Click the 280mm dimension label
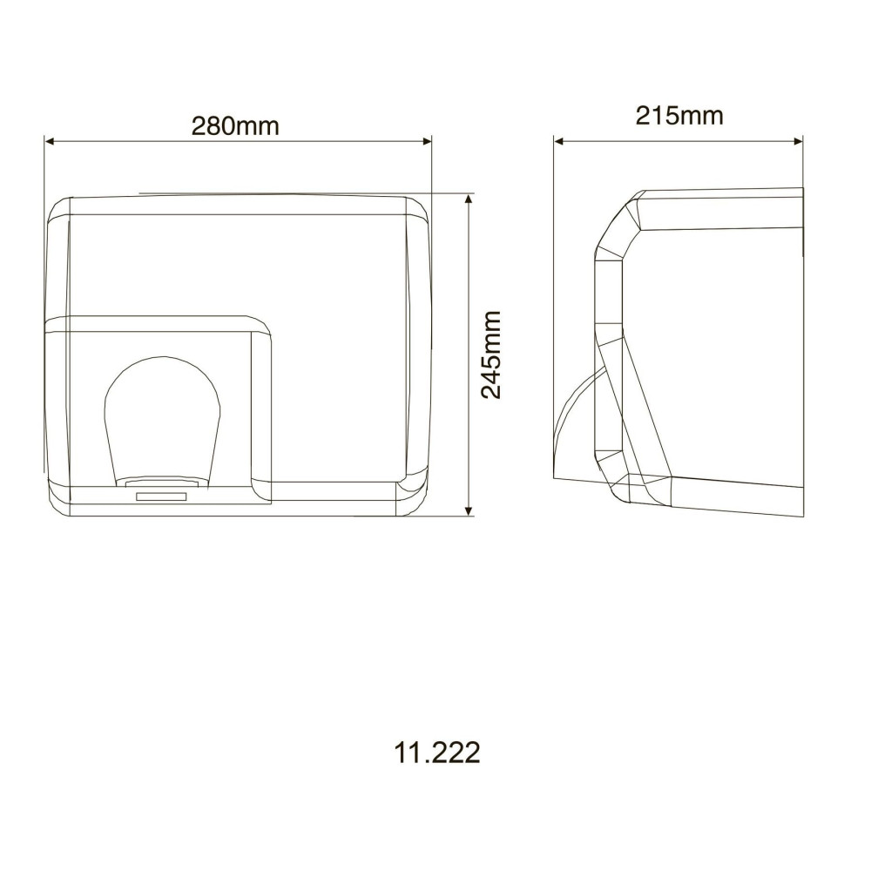click(235, 126)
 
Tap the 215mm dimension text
click(679, 116)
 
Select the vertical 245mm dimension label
click(491, 355)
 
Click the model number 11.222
click(436, 753)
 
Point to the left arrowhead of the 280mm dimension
click(49, 141)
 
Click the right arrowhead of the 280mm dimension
click(427, 141)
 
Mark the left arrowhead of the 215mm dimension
click(559, 141)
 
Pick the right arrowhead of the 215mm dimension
click(798, 141)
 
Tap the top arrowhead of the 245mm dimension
click(469, 199)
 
